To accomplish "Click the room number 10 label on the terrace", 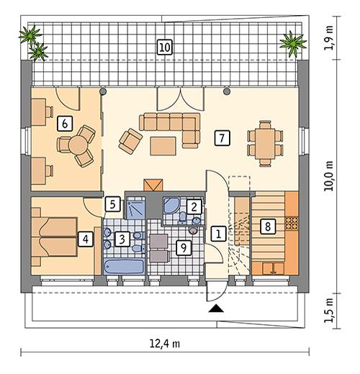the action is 165,47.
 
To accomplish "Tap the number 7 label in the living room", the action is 222,138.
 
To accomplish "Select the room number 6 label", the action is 65,124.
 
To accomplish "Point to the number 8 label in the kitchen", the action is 268,227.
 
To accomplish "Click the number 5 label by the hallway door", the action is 112,204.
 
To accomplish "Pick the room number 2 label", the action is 194,206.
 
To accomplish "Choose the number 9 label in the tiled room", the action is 184,247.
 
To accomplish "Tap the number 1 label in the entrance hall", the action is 219,234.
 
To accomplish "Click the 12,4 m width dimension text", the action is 165,345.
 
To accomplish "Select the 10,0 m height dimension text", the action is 329,176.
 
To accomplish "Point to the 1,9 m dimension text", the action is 329,38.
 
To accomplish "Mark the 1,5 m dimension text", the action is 329,311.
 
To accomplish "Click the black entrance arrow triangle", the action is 216,309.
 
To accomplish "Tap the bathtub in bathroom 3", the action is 124,267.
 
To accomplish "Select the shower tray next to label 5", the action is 135,208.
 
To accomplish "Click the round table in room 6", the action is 78,145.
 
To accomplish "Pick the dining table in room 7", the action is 265,144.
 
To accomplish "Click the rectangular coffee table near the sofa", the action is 163,146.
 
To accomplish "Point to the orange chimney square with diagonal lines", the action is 153,185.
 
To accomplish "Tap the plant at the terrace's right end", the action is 293,43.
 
